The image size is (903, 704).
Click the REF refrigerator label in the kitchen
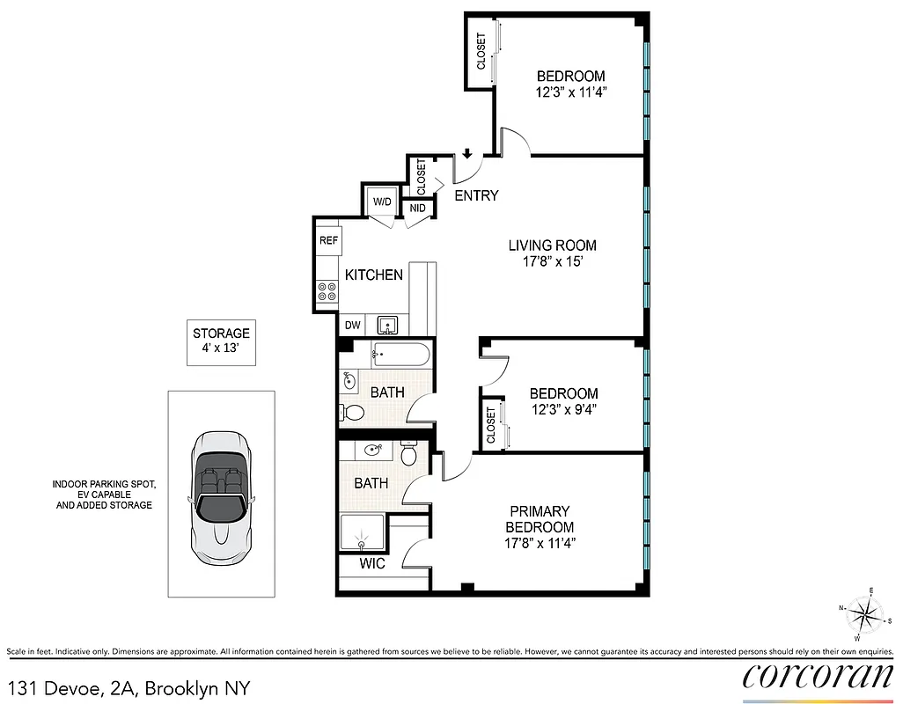click(x=328, y=240)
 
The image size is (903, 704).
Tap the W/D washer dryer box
click(x=382, y=202)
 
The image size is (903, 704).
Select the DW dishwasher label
click(x=352, y=325)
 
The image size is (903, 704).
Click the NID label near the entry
click(x=417, y=209)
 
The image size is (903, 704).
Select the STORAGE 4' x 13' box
click(x=221, y=341)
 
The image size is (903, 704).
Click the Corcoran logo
click(x=818, y=676)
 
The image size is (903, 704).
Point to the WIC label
click(x=373, y=563)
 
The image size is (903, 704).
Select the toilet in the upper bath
click(x=353, y=412)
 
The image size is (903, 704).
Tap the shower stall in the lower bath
click(x=363, y=532)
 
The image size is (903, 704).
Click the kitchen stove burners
click(x=327, y=291)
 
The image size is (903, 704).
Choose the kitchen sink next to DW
click(x=388, y=325)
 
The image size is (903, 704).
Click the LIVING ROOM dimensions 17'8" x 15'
click(x=552, y=261)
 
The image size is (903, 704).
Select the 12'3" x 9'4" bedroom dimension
click(x=563, y=409)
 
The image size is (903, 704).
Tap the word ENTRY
click(x=476, y=195)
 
